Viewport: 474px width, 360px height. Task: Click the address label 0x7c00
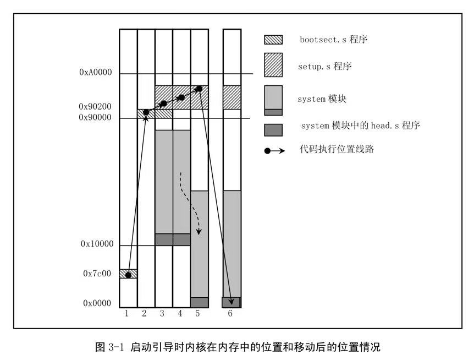click(97, 274)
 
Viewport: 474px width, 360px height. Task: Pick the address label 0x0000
click(97, 303)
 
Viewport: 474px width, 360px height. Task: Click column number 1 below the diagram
click(127, 314)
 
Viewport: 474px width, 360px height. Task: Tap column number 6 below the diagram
click(230, 314)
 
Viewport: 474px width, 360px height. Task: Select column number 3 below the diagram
click(163, 314)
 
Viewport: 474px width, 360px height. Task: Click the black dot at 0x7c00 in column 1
click(128, 275)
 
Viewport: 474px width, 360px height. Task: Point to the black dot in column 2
click(146, 113)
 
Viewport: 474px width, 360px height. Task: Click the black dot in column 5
click(199, 89)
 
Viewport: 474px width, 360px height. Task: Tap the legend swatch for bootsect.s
click(273, 40)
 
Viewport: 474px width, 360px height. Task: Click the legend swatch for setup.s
click(273, 65)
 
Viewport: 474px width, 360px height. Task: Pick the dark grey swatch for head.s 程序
click(273, 129)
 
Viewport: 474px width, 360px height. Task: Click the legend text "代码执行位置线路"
click(337, 149)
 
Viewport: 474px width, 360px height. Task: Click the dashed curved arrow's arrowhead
click(199, 232)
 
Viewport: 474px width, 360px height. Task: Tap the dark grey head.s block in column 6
click(232, 302)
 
